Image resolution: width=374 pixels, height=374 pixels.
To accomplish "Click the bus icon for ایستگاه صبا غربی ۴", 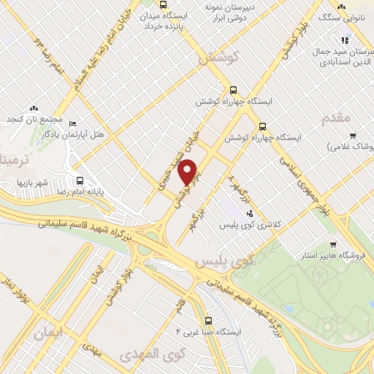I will tap(209, 320).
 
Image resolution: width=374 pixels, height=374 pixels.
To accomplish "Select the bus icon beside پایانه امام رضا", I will tap(80, 181).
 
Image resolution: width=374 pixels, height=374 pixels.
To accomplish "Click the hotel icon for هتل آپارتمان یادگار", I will tap(81, 124).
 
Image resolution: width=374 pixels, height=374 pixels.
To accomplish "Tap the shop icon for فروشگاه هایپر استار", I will tap(333, 245).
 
